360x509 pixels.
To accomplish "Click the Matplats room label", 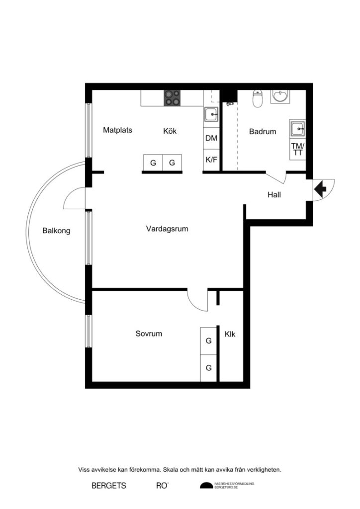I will pos(117,131).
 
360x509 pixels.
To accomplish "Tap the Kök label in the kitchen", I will pos(170,132).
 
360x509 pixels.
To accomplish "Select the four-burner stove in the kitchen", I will pos(172,97).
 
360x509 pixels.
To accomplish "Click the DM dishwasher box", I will pos(211,139).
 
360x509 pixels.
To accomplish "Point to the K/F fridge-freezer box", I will pos(211,160).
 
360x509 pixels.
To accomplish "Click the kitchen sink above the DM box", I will pos(211,114).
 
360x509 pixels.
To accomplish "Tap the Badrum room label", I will pos(263,132).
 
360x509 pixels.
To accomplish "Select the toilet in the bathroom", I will pos(258,99).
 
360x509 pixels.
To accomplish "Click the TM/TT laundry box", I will pos(298,149).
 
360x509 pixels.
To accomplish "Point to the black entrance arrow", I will pos(319,189).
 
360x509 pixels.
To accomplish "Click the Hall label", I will pos(274,195).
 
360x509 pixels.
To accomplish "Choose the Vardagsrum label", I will pos(167,229).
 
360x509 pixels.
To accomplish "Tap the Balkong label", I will pos(56,231).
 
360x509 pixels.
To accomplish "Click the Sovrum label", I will pos(149,334).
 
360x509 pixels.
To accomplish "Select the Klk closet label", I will pos(230,334).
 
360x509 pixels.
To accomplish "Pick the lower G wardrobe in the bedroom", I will pos(209,368).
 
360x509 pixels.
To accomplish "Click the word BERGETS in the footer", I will pos(109,486).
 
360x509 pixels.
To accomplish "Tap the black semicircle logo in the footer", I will pos(206,486).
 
